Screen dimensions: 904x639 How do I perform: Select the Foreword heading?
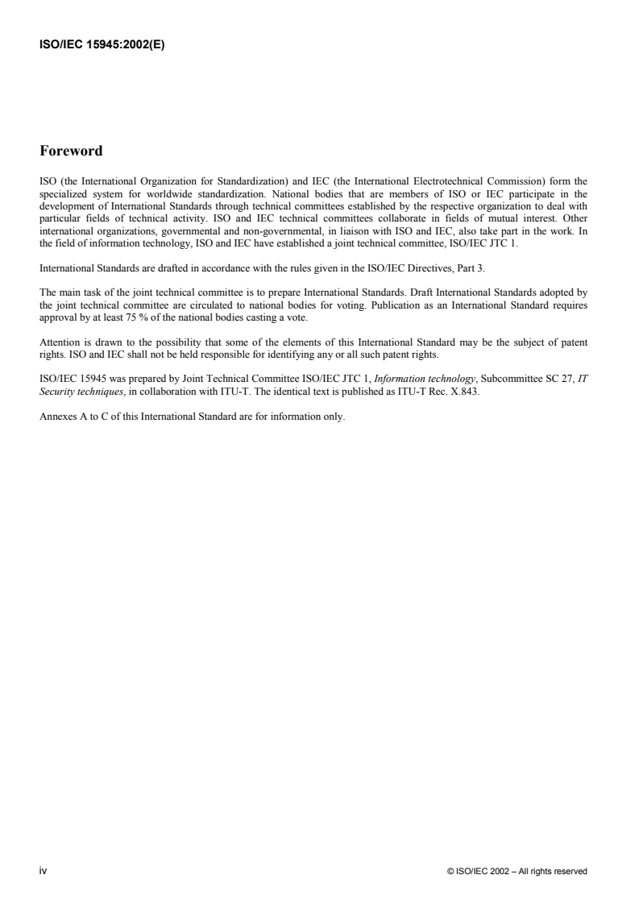click(71, 151)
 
